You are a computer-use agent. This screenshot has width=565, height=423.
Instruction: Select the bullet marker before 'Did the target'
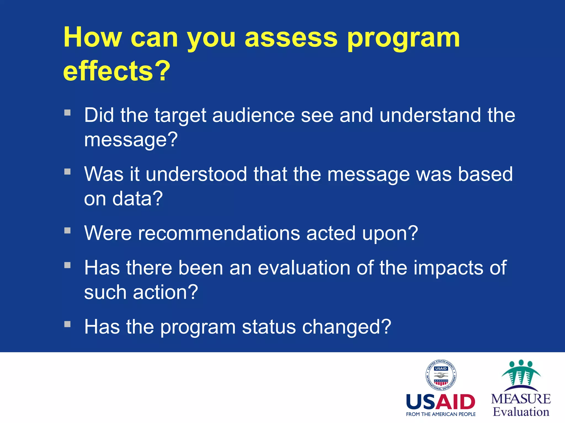tap(68, 113)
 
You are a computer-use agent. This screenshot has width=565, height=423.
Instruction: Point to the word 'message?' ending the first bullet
tap(131, 140)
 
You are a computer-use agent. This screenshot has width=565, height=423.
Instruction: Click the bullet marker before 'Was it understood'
tap(68, 172)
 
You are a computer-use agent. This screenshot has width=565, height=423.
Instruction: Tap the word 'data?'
tap(137, 199)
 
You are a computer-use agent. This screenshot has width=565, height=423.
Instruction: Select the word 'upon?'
tap(390, 233)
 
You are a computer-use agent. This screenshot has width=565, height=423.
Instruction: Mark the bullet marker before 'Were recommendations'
tap(68, 231)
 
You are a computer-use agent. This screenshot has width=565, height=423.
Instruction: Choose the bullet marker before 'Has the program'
tap(68, 324)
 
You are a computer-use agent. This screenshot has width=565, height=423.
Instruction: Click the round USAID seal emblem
tap(441, 375)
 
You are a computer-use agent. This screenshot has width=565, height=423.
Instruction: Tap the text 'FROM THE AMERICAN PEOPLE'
tap(441, 414)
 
